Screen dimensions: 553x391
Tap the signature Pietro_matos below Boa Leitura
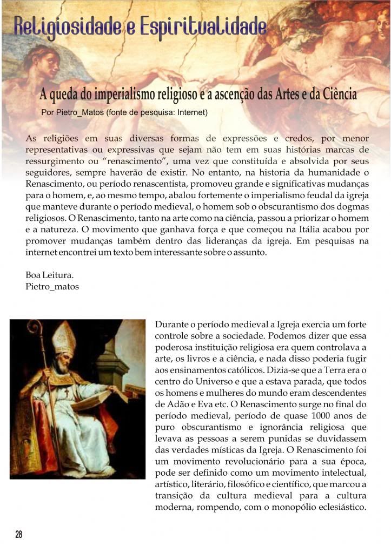click(52, 286)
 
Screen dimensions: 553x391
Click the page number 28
click(19, 534)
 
